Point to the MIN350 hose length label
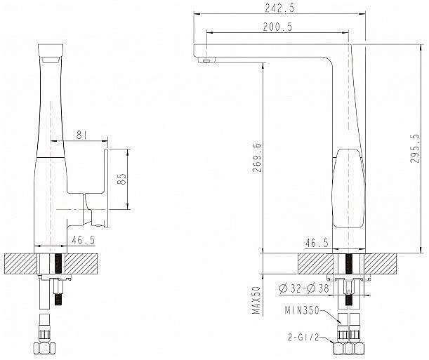click(x=303, y=309)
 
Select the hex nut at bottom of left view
click(x=45, y=349)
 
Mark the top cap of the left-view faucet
click(x=49, y=52)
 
